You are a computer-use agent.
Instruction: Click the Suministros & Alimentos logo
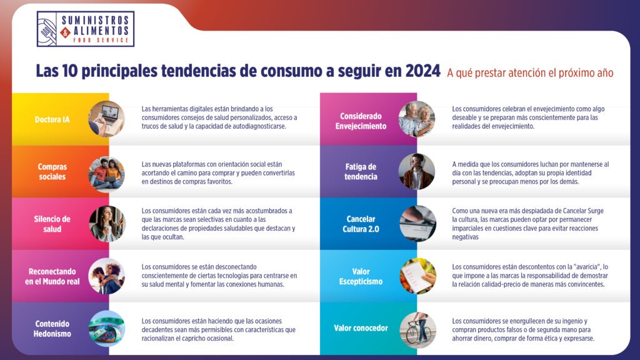pos(85,29)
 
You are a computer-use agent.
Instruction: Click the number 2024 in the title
pos(423,71)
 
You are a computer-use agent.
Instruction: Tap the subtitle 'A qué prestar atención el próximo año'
pos(530,73)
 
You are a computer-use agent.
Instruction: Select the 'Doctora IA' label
pos(52,119)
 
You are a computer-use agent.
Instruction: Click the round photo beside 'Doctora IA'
pos(106,119)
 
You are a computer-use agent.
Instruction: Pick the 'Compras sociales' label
pos(52,172)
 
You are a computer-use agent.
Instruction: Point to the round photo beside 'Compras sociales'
pos(106,174)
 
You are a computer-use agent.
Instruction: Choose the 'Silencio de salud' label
pos(52,224)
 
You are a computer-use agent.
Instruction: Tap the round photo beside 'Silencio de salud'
pos(107,224)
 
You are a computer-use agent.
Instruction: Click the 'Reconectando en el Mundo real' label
pos(52,276)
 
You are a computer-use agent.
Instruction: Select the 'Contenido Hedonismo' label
pos(52,329)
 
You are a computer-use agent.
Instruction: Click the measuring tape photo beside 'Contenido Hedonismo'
pos(106,329)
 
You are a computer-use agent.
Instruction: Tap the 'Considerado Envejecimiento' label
pos(361,121)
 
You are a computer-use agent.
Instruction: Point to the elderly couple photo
pos(417,119)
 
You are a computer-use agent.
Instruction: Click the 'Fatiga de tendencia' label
pos(361,172)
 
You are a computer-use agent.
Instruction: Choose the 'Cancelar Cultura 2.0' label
pos(361,224)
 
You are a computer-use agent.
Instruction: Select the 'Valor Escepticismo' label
pos(361,276)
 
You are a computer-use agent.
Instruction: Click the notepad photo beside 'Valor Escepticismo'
pos(418,276)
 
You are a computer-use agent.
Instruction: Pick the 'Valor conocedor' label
pos(361,328)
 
